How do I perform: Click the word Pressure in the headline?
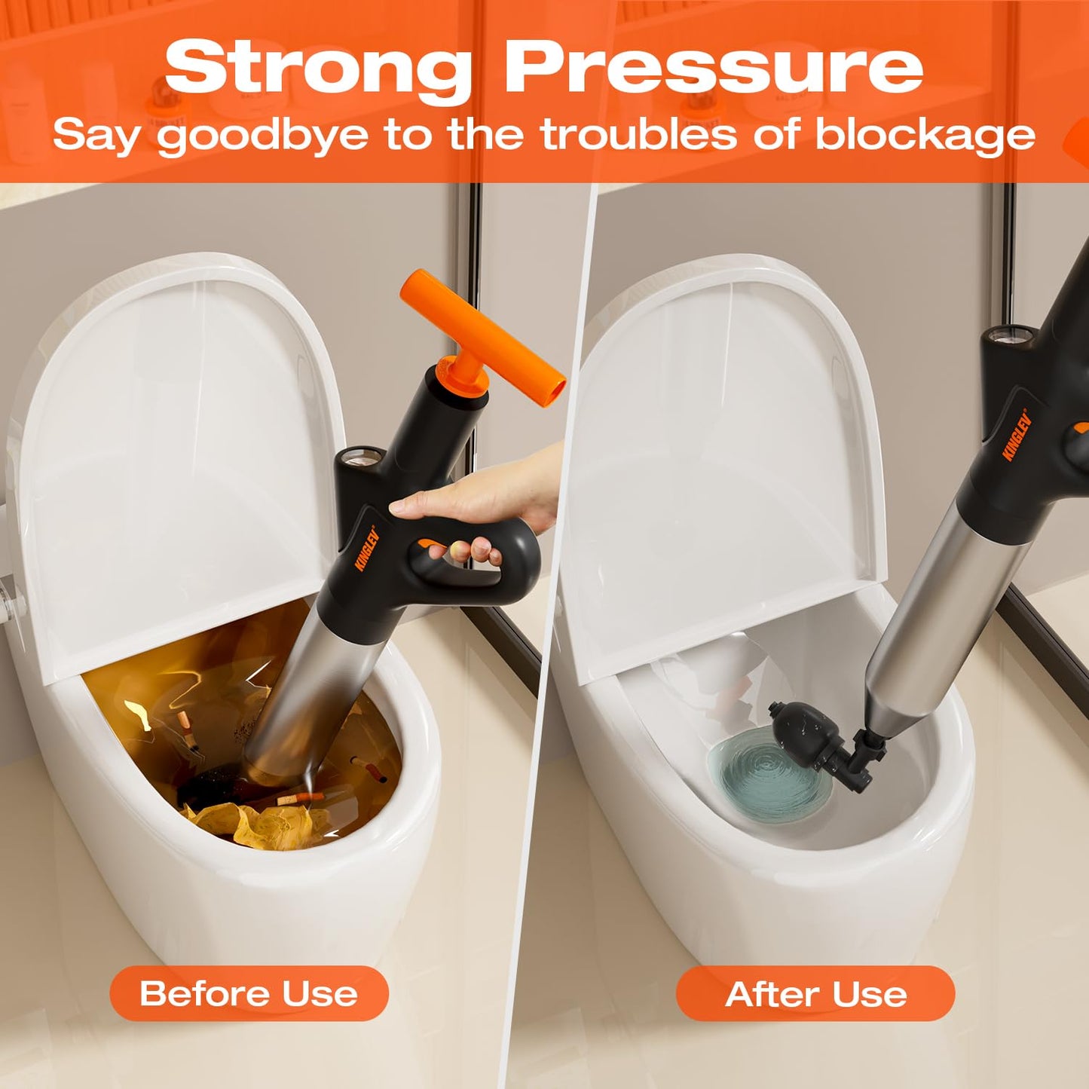click(x=713, y=68)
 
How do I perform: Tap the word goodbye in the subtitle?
click(x=262, y=136)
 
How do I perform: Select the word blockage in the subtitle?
click(x=925, y=136)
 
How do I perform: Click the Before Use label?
click(x=249, y=993)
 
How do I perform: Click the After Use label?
click(x=815, y=993)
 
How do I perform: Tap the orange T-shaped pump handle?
click(x=482, y=332)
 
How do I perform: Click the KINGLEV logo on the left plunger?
click(x=366, y=549)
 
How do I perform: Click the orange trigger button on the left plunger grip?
click(x=430, y=544)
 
